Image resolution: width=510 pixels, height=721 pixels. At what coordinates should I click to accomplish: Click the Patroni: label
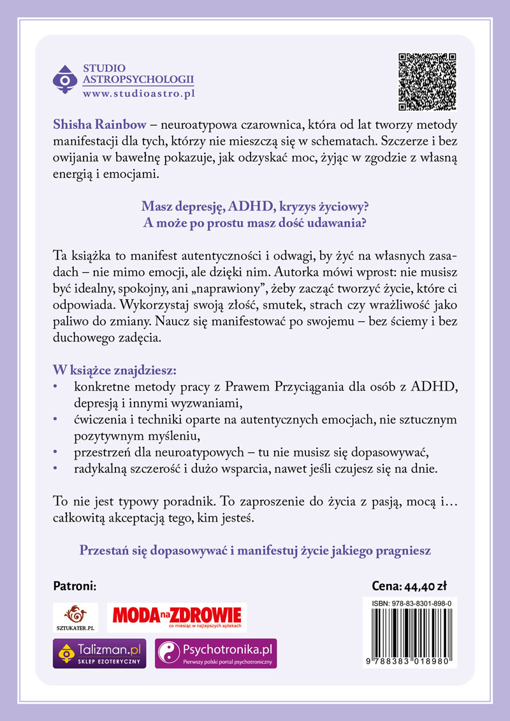point(75,586)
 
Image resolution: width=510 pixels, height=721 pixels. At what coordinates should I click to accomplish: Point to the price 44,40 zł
point(430,586)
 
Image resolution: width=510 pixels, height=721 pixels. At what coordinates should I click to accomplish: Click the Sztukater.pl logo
point(75,618)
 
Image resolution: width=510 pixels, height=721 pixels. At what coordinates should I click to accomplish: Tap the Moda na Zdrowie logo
point(177,616)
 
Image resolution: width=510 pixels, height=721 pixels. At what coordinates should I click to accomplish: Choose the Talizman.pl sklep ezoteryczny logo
point(99,653)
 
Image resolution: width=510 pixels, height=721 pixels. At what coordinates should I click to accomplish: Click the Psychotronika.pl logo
point(216,653)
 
